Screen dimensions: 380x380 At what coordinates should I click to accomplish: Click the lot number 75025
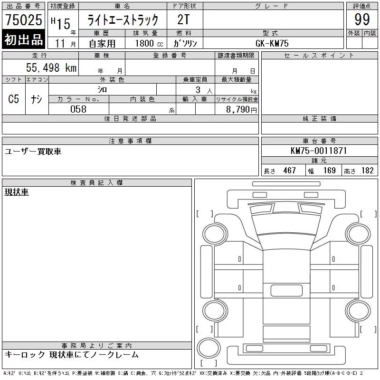[x=24, y=19]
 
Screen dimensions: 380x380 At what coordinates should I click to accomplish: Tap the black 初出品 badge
[x=23, y=39]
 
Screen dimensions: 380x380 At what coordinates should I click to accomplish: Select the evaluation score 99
[x=362, y=19]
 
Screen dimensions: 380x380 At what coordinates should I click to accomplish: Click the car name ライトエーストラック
[x=123, y=20]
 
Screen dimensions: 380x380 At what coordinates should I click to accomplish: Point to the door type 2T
[x=183, y=19]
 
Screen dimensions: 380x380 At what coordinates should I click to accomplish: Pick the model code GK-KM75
[x=272, y=43]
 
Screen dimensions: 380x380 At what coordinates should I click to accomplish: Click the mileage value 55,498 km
[x=51, y=67]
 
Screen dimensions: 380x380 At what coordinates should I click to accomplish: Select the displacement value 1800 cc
[x=149, y=43]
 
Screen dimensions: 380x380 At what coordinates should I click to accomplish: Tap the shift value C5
[x=13, y=99]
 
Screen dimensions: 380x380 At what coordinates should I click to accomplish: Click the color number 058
[x=78, y=109]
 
